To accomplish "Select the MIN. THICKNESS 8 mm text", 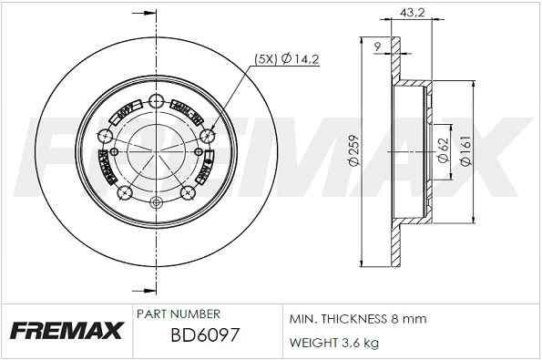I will pos(357,320).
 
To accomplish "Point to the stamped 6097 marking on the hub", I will pos(123,113).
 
